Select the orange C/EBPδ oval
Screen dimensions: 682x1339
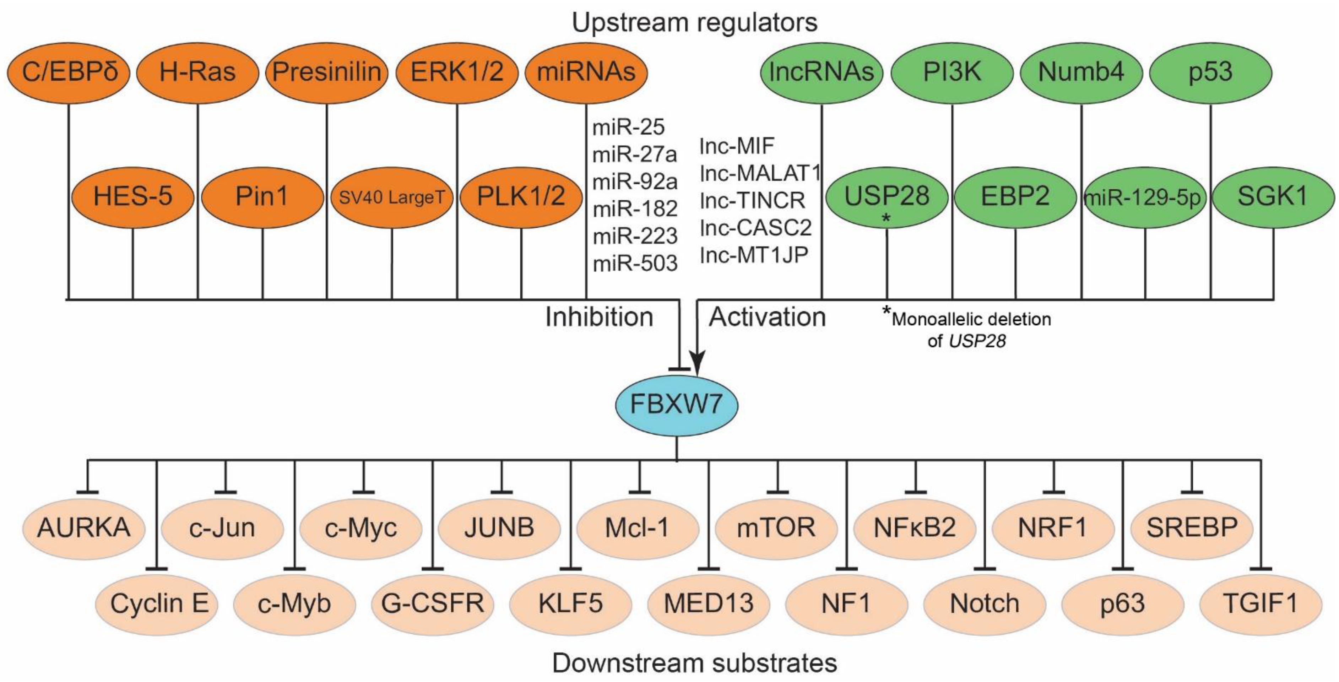click(x=68, y=72)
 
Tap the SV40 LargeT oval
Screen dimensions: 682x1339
click(x=392, y=197)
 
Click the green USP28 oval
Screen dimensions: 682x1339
click(x=886, y=197)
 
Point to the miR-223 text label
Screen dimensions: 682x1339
click(x=635, y=237)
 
